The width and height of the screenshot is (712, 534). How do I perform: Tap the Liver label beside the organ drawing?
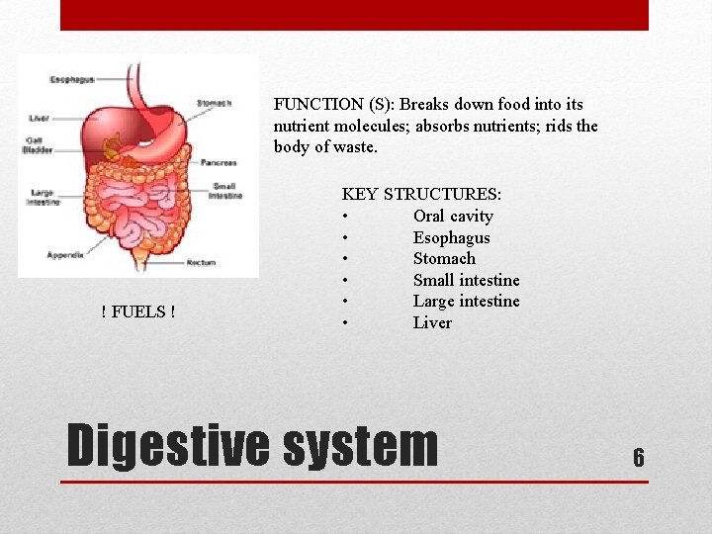tap(40, 119)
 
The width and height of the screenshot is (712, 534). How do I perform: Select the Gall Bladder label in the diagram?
tap(40, 144)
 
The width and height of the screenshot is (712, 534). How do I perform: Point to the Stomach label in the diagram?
tap(214, 103)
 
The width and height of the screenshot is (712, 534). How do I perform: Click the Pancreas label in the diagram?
tap(218, 162)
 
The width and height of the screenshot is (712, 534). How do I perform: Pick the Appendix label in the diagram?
tap(65, 255)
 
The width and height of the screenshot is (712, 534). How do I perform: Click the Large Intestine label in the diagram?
tap(44, 197)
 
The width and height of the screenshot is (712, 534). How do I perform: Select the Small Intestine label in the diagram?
tap(224, 192)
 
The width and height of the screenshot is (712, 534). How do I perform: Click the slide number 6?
tap(638, 457)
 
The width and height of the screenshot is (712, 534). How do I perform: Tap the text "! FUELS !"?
tap(138, 312)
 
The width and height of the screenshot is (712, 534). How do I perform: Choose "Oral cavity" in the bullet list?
tap(452, 217)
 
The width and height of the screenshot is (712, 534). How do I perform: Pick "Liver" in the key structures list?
tap(432, 323)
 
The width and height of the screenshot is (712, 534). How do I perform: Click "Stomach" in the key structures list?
tap(444, 259)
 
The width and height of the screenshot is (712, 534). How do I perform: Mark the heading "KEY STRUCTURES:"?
tap(421, 195)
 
